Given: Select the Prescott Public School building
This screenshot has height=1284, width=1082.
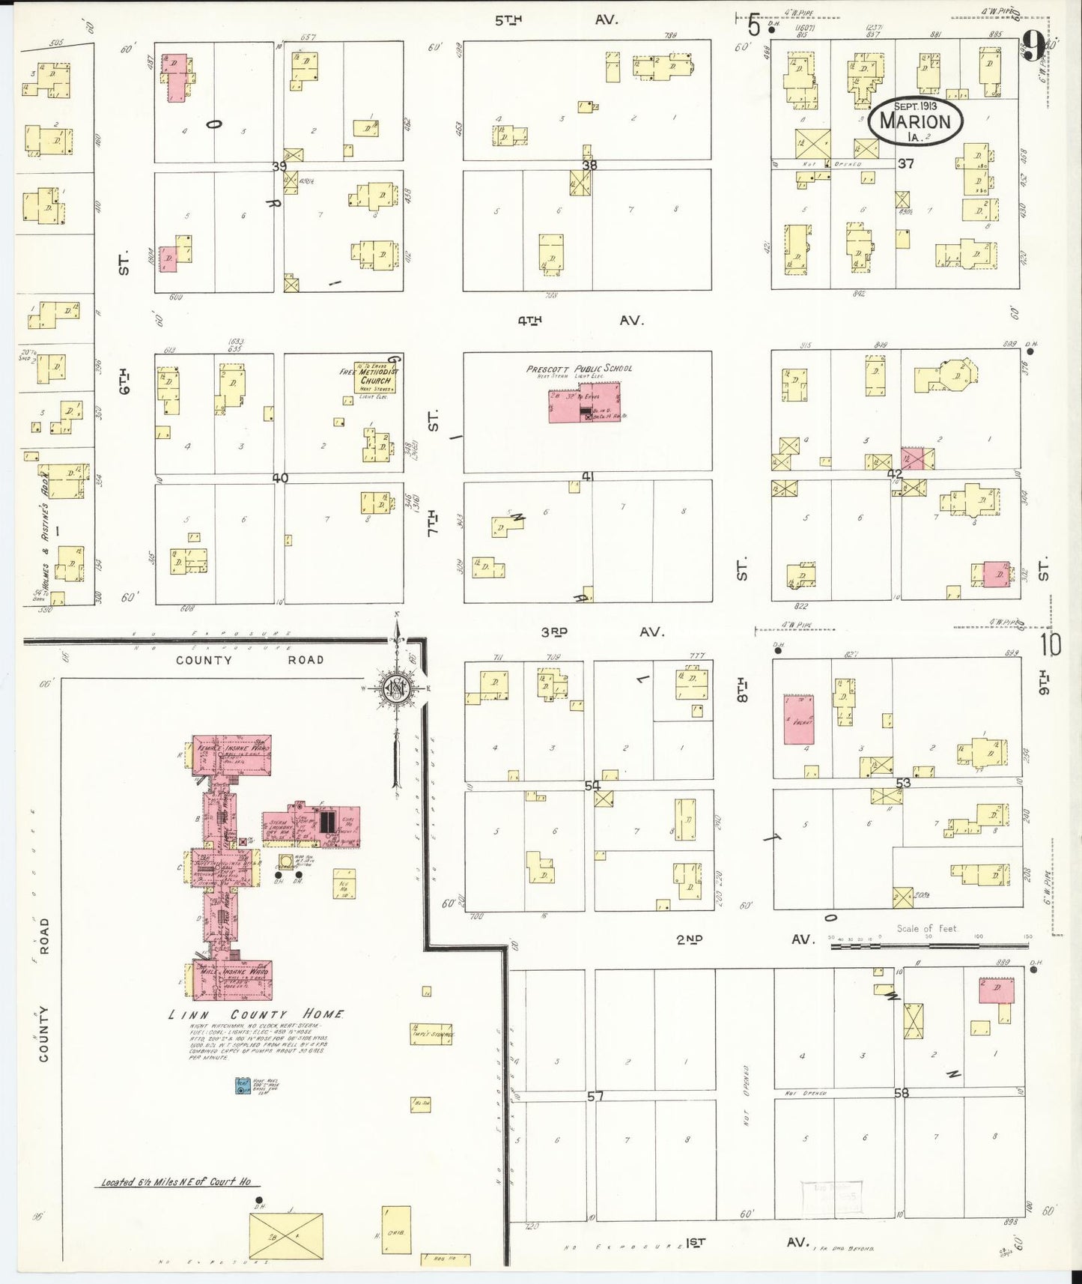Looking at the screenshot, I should point(584,402).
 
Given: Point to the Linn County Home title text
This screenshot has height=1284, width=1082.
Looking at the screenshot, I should point(256,1014).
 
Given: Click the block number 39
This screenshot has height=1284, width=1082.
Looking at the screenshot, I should point(280,166).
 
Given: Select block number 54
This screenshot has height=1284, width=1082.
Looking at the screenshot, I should point(592,785).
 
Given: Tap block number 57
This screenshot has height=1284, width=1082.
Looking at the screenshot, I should point(595,1096).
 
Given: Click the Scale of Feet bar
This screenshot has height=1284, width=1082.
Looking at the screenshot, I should point(928,946).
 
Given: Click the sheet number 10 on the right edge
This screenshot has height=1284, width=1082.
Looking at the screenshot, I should point(1051,645).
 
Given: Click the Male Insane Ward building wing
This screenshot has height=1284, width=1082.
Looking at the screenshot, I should point(234,979).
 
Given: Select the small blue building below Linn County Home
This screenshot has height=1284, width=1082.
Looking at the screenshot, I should point(242,1085).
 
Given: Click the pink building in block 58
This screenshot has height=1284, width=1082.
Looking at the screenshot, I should point(997,990).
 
